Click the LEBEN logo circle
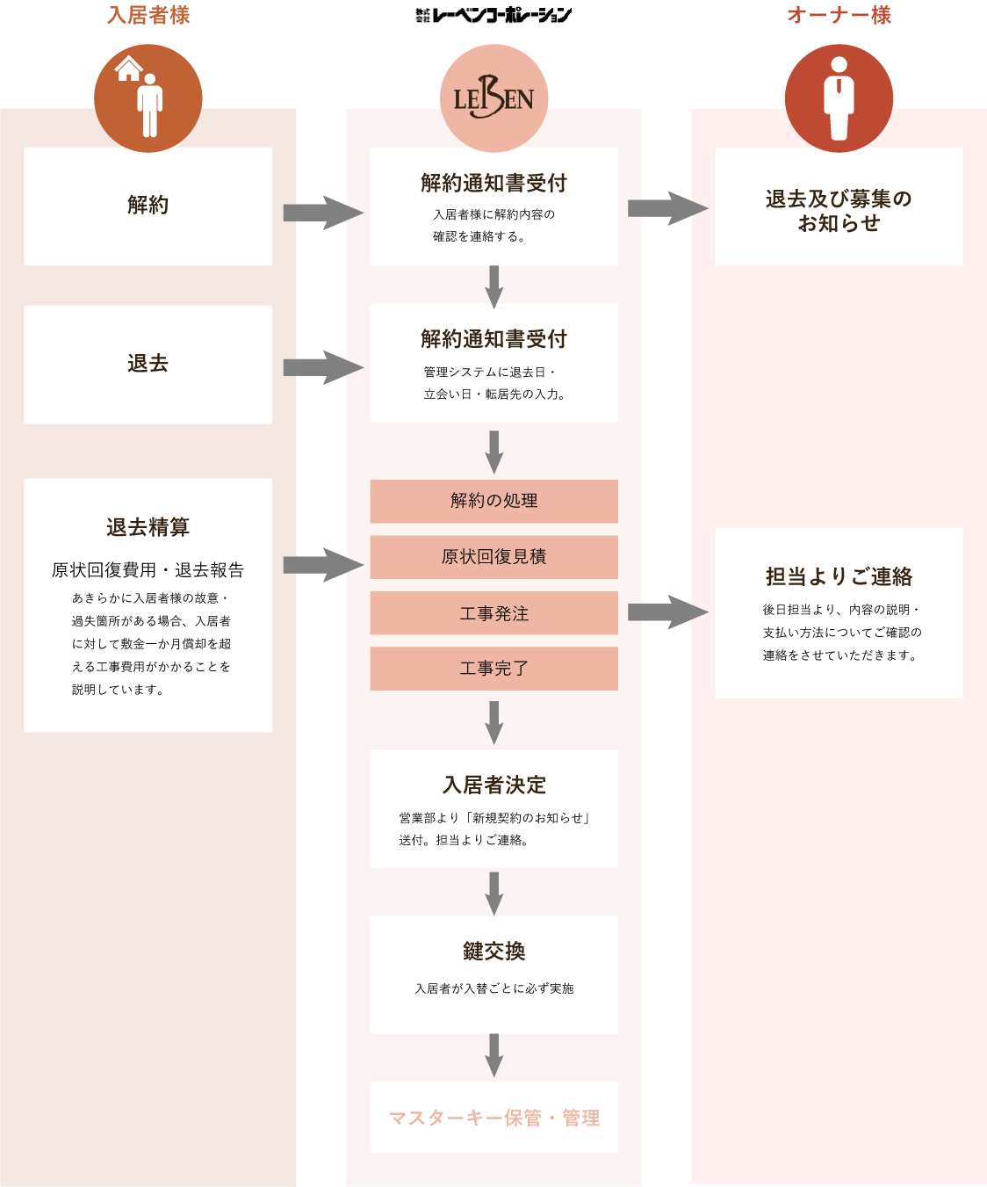pyautogui.click(x=493, y=98)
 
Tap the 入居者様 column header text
pyautogui.click(x=148, y=15)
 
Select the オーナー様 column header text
pyautogui.click(x=839, y=15)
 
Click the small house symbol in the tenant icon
pyautogui.click(x=129, y=69)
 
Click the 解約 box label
pyautogui.click(x=148, y=205)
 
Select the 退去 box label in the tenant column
pyautogui.click(x=148, y=363)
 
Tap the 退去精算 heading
pyautogui.click(x=148, y=527)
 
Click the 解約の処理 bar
pyautogui.click(x=493, y=501)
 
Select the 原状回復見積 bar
pyautogui.click(x=493, y=557)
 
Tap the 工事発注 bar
pyautogui.click(x=493, y=613)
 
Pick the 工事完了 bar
pyautogui.click(x=493, y=669)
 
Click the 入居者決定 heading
pyautogui.click(x=493, y=785)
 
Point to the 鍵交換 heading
pyautogui.click(x=493, y=951)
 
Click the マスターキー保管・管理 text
pyautogui.click(x=493, y=1118)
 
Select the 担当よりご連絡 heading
pyautogui.click(x=839, y=576)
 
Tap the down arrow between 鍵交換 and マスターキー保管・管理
pyautogui.click(x=493, y=1054)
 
